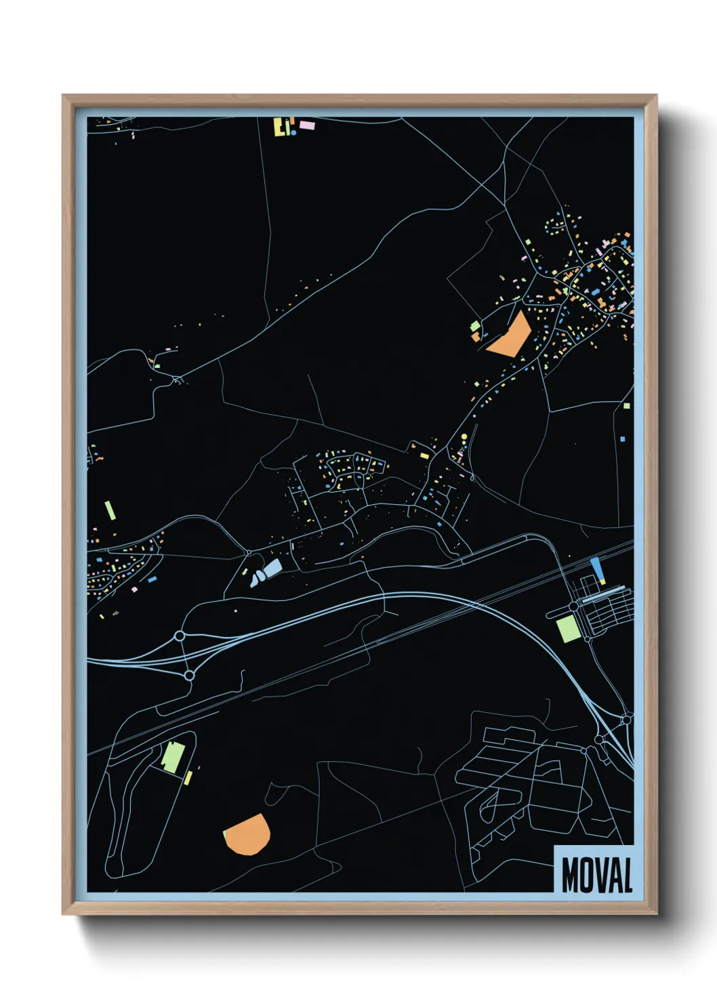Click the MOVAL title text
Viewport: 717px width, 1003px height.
pos(596,875)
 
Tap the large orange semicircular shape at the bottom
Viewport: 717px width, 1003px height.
pos(248,834)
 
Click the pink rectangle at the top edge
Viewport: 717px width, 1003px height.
pos(307,125)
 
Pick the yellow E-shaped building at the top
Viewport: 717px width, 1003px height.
pos(279,127)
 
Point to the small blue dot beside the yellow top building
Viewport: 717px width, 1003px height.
pos(293,132)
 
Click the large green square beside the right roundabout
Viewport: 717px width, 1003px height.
pos(567,629)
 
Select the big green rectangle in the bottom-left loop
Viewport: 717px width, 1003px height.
pos(172,757)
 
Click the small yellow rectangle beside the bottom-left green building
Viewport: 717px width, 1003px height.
pos(188,778)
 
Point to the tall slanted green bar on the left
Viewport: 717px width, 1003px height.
pos(110,510)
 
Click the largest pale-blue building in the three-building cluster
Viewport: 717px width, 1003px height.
pos(272,568)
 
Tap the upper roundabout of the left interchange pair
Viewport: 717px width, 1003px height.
pos(180,636)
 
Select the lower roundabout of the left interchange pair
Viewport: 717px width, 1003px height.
pos(189,675)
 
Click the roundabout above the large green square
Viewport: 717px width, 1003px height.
pos(574,605)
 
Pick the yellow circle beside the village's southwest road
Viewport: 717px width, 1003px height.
pos(464,437)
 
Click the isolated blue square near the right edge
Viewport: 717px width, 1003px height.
pos(623,439)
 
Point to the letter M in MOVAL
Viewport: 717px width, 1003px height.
pos(570,875)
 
